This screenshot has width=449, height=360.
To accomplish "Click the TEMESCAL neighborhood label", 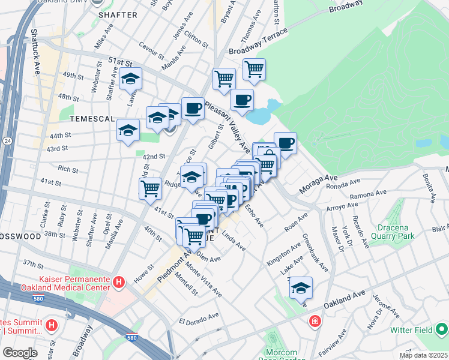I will tap(91, 119).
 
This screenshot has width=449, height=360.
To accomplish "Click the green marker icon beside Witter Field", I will tap(442, 329).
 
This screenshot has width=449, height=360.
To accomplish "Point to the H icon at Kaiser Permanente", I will tap(119, 281).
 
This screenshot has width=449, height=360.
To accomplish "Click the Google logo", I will tap(20, 353).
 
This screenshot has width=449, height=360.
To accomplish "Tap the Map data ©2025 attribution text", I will tap(423, 355).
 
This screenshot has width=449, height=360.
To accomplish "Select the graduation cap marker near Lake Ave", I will tap(301, 289).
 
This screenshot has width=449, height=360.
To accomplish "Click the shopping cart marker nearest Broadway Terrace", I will tap(255, 69).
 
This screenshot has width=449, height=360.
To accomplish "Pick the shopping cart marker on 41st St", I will tap(151, 188).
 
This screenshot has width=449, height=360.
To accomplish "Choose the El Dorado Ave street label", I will tap(199, 317).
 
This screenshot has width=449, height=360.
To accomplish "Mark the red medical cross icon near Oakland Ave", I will tap(315, 323).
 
